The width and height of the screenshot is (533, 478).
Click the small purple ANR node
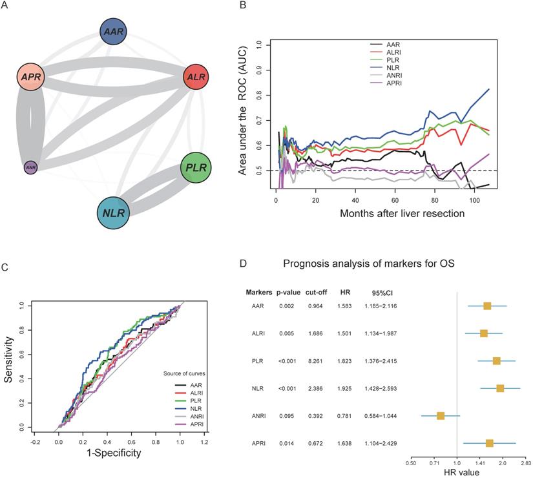tap(30, 167)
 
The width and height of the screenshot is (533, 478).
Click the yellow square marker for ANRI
tap(440, 415)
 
